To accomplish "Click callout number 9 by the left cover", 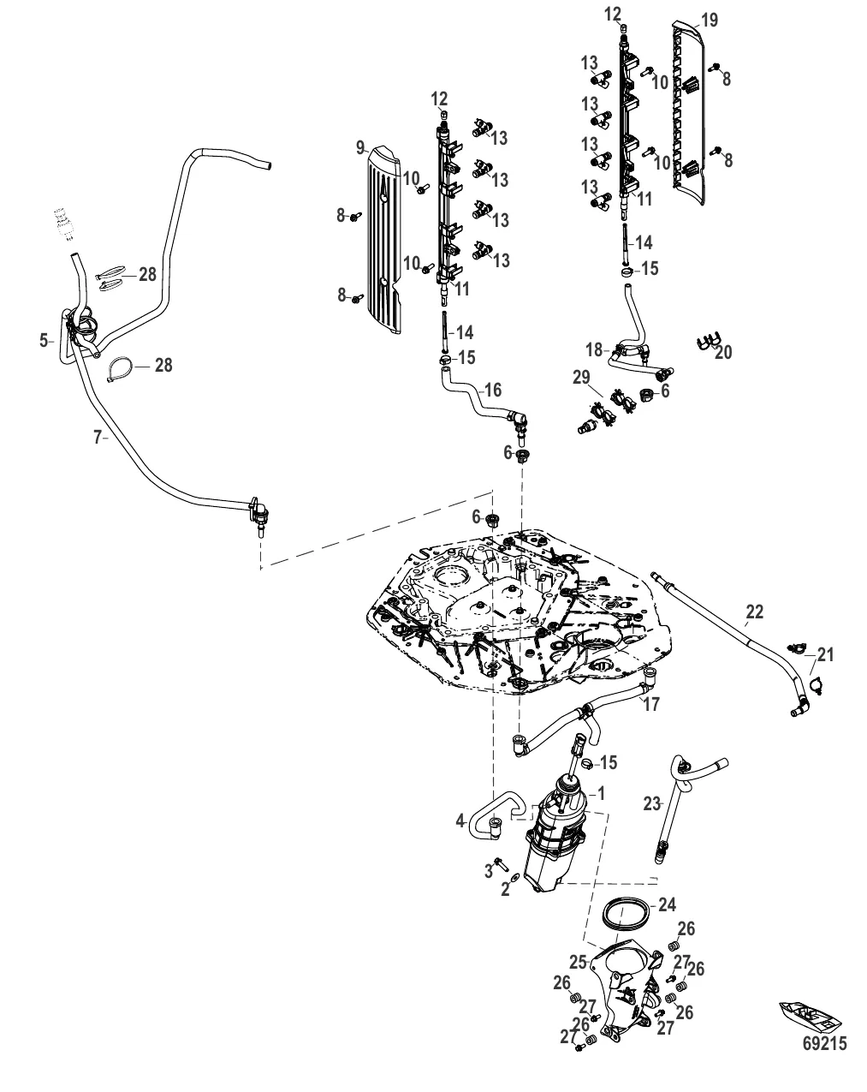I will tap(360, 147).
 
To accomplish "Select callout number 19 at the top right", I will tap(709, 20).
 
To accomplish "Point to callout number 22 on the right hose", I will tap(753, 612).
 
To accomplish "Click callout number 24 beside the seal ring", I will tap(667, 905).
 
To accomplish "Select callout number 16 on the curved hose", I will tap(493, 391).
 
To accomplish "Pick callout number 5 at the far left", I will tap(43, 341).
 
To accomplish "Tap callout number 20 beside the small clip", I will tap(723, 352).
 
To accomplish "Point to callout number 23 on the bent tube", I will tap(652, 803).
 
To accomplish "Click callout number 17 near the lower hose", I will tap(650, 705).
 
